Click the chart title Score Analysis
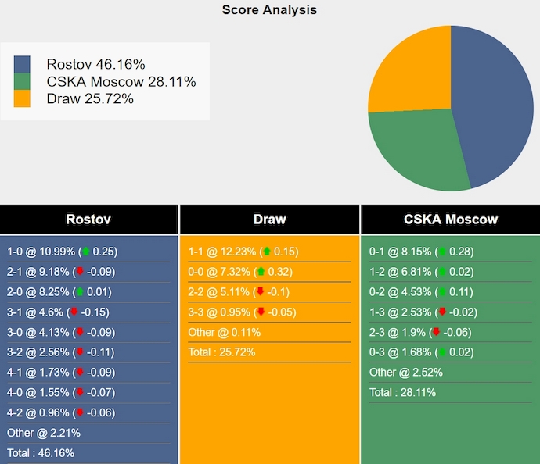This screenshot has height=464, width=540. pyautogui.click(x=269, y=10)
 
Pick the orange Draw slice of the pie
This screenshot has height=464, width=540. pyautogui.click(x=411, y=70)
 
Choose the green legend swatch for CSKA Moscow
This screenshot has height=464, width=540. pyautogui.click(x=22, y=81)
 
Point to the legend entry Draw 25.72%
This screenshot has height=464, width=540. pyautogui.click(x=90, y=98)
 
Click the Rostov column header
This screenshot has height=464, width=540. pyautogui.click(x=88, y=220)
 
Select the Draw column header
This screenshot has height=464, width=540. pyautogui.click(x=269, y=220)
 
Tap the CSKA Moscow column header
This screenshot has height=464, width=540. pyautogui.click(x=450, y=220)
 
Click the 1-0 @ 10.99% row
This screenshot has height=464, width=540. pyautogui.click(x=62, y=252)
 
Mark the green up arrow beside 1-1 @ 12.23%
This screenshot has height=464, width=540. pyautogui.click(x=266, y=252)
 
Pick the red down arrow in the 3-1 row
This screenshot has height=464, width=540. pyautogui.click(x=74, y=312)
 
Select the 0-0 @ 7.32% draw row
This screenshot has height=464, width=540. pyautogui.click(x=239, y=272)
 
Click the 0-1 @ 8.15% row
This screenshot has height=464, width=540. pyautogui.click(x=421, y=252)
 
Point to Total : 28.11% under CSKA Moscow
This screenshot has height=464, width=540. pyautogui.click(x=402, y=392)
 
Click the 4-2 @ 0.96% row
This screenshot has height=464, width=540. pyautogui.click(x=59, y=412)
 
